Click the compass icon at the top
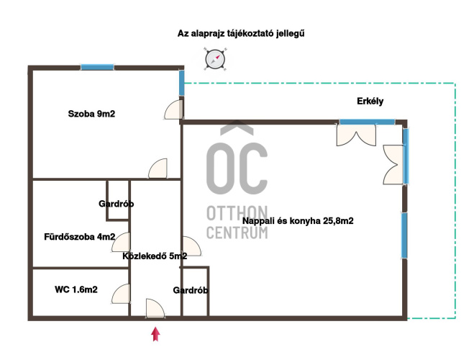click(x=215, y=59)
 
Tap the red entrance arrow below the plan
click(x=155, y=334)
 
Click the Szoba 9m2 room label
click(x=91, y=114)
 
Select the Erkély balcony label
click(x=370, y=101)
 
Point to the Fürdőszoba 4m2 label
click(x=80, y=237)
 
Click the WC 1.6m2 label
click(x=76, y=289)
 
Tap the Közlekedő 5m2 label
click(x=155, y=256)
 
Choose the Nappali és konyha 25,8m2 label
click(x=298, y=221)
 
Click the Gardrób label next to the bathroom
click(x=116, y=204)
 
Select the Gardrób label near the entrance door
click(x=191, y=290)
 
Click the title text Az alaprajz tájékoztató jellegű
click(x=241, y=33)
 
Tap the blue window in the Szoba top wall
click(x=97, y=67)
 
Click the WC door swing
click(x=121, y=294)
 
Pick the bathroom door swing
click(x=121, y=242)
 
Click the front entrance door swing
click(x=155, y=308)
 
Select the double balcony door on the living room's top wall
click(x=357, y=135)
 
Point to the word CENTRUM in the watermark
click(x=237, y=233)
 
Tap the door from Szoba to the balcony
click(x=174, y=109)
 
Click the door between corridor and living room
click(x=191, y=246)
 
